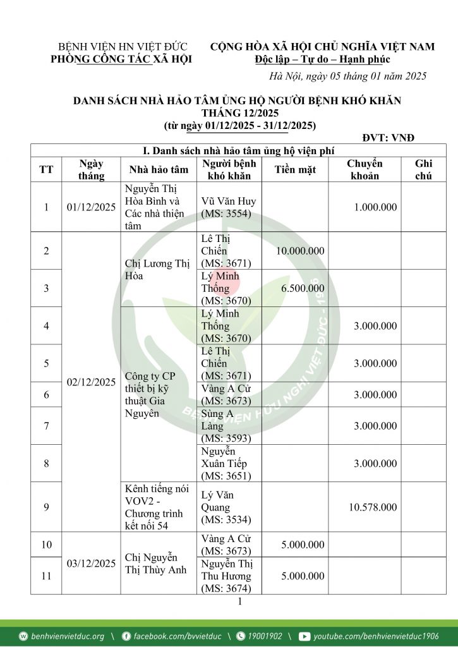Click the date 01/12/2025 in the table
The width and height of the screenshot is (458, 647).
tap(91, 207)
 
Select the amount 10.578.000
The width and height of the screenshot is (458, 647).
tap(373, 507)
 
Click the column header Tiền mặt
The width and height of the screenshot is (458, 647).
tap(295, 169)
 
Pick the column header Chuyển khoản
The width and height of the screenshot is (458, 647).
tap(365, 169)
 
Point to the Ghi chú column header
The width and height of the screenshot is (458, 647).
tap(423, 169)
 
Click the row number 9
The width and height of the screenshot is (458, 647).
tap(46, 507)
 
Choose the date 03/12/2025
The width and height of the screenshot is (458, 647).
tap(91, 563)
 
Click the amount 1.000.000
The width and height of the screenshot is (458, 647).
tap(375, 207)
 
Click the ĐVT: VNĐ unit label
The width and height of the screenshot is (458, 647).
tap(388, 138)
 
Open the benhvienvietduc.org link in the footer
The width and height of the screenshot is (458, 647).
tap(68, 636)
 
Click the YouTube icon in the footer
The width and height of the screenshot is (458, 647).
tap(304, 636)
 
